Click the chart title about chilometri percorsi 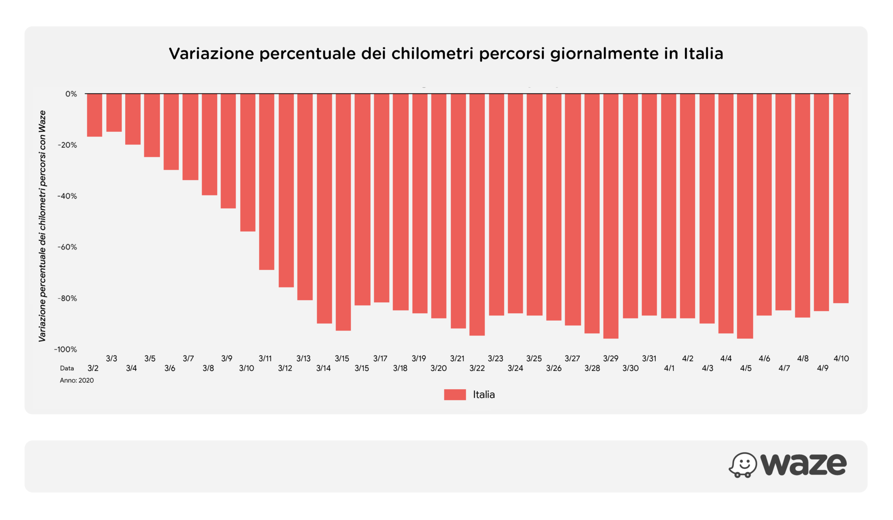coord(446,54)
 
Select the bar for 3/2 coord(95,115)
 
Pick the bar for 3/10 coord(248,162)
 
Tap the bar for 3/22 coord(477,215)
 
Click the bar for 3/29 coord(611,216)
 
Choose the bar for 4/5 coord(745,216)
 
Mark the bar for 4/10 coord(841,198)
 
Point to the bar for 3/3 coord(114,113)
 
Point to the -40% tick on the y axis coord(67,196)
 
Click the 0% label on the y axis coord(71,94)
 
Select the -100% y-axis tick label coord(65,349)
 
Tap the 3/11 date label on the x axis coord(265,359)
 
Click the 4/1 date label coord(669,368)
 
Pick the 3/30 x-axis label coord(631,368)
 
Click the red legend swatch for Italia coord(455,395)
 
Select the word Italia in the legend coord(484,395)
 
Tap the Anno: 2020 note coord(77,380)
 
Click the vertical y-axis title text coord(42,226)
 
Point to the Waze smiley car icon coord(743,465)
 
